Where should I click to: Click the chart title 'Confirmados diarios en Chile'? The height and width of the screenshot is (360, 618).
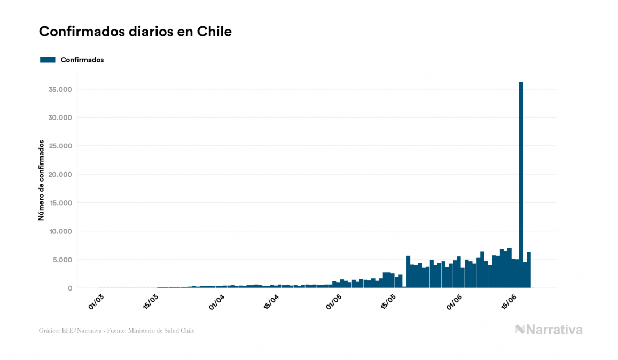(x=135, y=32)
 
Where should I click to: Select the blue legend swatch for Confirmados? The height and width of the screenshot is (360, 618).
(x=48, y=60)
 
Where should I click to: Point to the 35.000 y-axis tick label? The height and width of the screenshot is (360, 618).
(x=60, y=89)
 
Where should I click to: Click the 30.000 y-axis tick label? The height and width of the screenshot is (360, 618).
(x=60, y=118)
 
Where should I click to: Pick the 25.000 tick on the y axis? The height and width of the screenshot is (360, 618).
(x=60, y=146)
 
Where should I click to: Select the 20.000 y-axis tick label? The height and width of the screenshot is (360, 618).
(x=60, y=175)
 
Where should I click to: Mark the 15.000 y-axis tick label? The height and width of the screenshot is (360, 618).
(x=60, y=203)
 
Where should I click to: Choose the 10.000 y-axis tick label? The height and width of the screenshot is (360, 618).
(x=60, y=231)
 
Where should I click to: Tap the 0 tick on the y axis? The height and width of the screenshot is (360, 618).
(x=70, y=288)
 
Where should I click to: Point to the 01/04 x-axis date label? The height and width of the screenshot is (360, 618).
(x=217, y=302)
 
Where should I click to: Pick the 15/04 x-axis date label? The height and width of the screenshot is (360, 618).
(x=272, y=302)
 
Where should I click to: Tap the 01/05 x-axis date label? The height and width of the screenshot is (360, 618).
(x=333, y=302)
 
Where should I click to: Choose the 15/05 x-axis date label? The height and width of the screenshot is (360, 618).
(x=388, y=302)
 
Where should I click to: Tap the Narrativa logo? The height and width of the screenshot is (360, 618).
(x=549, y=330)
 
